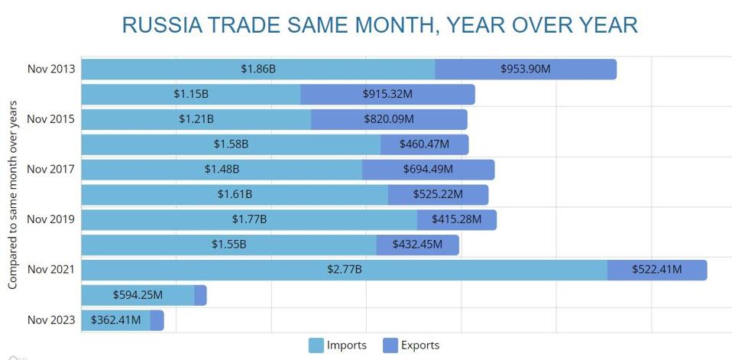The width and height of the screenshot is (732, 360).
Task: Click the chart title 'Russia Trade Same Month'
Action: click(x=380, y=24)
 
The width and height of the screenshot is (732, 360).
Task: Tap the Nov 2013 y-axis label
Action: click(x=51, y=70)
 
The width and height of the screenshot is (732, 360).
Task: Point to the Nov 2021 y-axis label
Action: click(x=51, y=270)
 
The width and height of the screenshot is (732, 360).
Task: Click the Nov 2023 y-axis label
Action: click(x=51, y=319)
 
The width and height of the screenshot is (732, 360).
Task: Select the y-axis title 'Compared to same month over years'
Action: click(x=13, y=195)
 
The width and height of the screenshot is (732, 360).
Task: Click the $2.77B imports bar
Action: click(x=344, y=270)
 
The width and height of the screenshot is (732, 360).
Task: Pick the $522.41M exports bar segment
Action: click(x=656, y=270)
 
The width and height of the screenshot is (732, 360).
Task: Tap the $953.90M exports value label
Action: click(x=525, y=70)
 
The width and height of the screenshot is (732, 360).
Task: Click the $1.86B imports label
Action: click(x=257, y=70)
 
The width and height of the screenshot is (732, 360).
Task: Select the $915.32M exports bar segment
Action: click(x=387, y=95)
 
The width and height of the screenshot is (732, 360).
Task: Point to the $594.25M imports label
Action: click(x=138, y=295)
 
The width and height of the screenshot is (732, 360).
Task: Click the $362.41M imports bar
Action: click(x=115, y=320)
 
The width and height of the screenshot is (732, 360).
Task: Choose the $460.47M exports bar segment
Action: click(x=424, y=144)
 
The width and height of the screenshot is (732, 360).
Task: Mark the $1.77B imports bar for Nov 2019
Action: click(x=249, y=220)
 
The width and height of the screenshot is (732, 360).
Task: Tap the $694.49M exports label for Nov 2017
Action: click(x=428, y=170)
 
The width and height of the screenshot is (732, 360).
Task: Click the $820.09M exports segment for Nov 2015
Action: click(x=388, y=119)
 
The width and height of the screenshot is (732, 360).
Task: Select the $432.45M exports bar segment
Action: click(x=417, y=245)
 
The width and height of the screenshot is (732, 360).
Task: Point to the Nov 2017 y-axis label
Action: click(x=51, y=170)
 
